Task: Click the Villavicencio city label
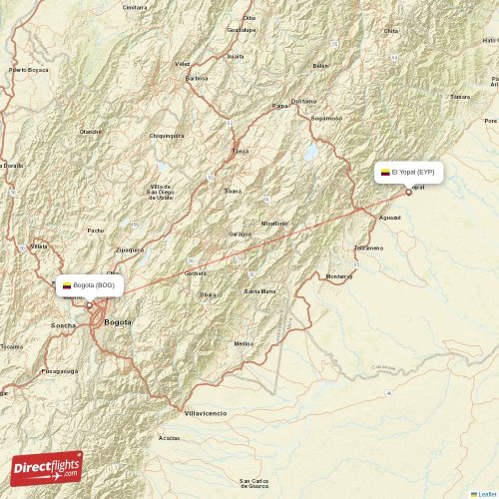[206, 412]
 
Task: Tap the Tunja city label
[240, 151]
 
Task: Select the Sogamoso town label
[326, 118]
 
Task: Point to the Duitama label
[303, 100]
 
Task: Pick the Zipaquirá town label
[130, 249]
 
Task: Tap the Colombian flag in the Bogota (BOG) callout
[67, 285]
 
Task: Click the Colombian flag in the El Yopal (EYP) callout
[385, 173]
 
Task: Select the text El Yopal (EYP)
[413, 173]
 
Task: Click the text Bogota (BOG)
[95, 285]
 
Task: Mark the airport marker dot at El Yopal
[408, 192]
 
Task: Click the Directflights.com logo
[47, 467]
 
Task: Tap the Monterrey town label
[339, 275]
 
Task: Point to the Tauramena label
[368, 248]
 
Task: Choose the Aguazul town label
[390, 217]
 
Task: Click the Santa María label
[259, 290]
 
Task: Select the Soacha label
[62, 325]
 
